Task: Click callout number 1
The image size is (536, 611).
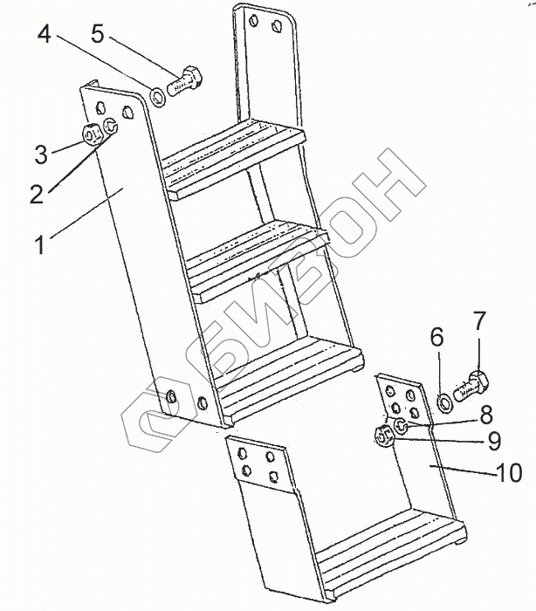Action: tap(40, 243)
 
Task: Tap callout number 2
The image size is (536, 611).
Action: tap(36, 193)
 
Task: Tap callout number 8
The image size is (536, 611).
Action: tap(485, 414)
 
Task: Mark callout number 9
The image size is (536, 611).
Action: tap(492, 439)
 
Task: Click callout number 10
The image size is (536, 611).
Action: tap(509, 473)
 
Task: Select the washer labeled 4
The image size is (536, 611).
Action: tap(159, 95)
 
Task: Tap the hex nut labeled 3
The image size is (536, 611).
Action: tap(91, 134)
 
